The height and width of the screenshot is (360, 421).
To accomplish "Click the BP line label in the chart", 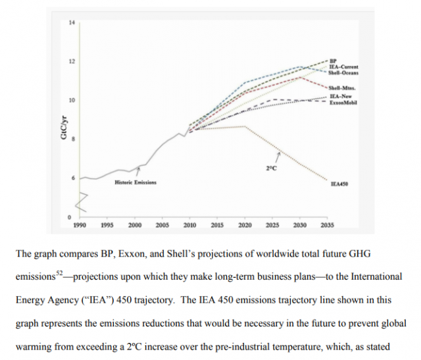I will [x=334, y=60].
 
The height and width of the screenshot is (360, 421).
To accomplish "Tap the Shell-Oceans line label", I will [x=343, y=72].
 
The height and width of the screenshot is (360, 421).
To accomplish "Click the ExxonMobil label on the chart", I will [x=343, y=103].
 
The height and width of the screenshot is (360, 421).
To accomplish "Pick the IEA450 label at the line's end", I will [x=339, y=184].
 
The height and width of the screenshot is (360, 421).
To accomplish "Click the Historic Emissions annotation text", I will [x=136, y=182].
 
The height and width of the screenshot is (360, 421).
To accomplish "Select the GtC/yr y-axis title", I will [x=64, y=126].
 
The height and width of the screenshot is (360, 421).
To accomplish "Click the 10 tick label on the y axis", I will [x=72, y=100].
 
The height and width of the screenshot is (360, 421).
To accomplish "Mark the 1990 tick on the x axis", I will [x=80, y=225].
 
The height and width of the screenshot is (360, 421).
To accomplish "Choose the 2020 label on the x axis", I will [x=245, y=225].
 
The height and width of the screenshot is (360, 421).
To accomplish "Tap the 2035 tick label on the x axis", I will [x=327, y=225].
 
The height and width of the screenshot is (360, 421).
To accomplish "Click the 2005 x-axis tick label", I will [x=162, y=225].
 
